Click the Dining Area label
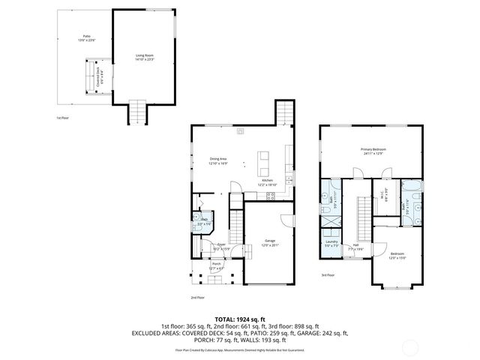[218, 160]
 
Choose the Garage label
[268, 242]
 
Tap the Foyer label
[221, 246]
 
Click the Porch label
[216, 265]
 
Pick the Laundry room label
[331, 244]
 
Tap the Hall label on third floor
[355, 244]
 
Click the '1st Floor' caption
[62, 118]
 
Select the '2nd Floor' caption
[197, 297]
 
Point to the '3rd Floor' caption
[328, 275]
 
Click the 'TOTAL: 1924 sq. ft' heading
[240, 319]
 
